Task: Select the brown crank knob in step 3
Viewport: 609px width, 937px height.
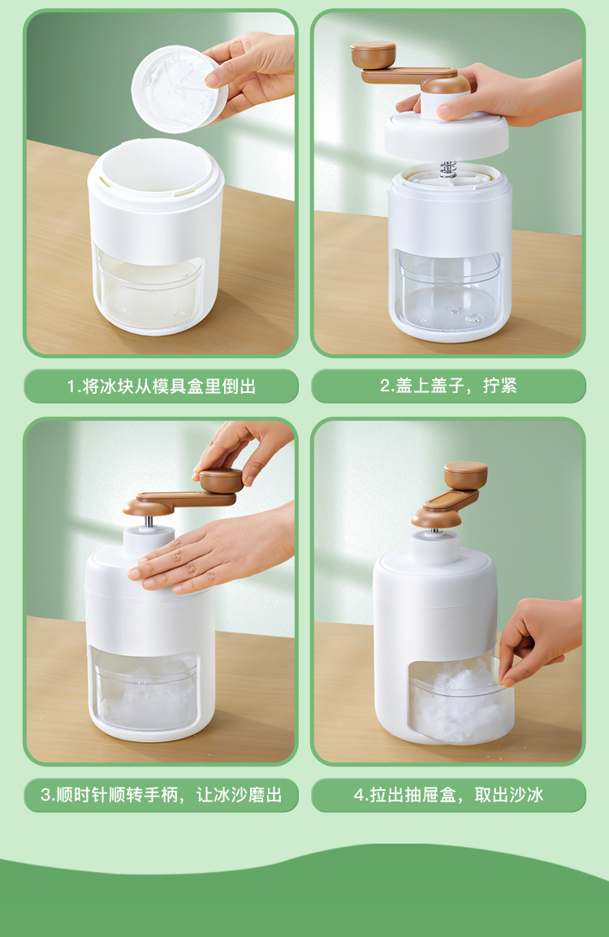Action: tap(221, 480)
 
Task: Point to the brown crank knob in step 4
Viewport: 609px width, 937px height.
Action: tap(465, 475)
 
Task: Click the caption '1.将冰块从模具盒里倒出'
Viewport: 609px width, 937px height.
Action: tap(162, 386)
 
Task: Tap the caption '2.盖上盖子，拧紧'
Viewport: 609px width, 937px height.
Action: tap(448, 386)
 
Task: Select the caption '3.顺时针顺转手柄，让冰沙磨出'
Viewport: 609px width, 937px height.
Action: tap(162, 796)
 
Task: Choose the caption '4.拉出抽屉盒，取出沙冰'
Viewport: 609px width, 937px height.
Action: tap(448, 796)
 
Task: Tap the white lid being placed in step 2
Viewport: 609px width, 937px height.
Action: tap(446, 135)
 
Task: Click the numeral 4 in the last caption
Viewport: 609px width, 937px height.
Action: tap(359, 796)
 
